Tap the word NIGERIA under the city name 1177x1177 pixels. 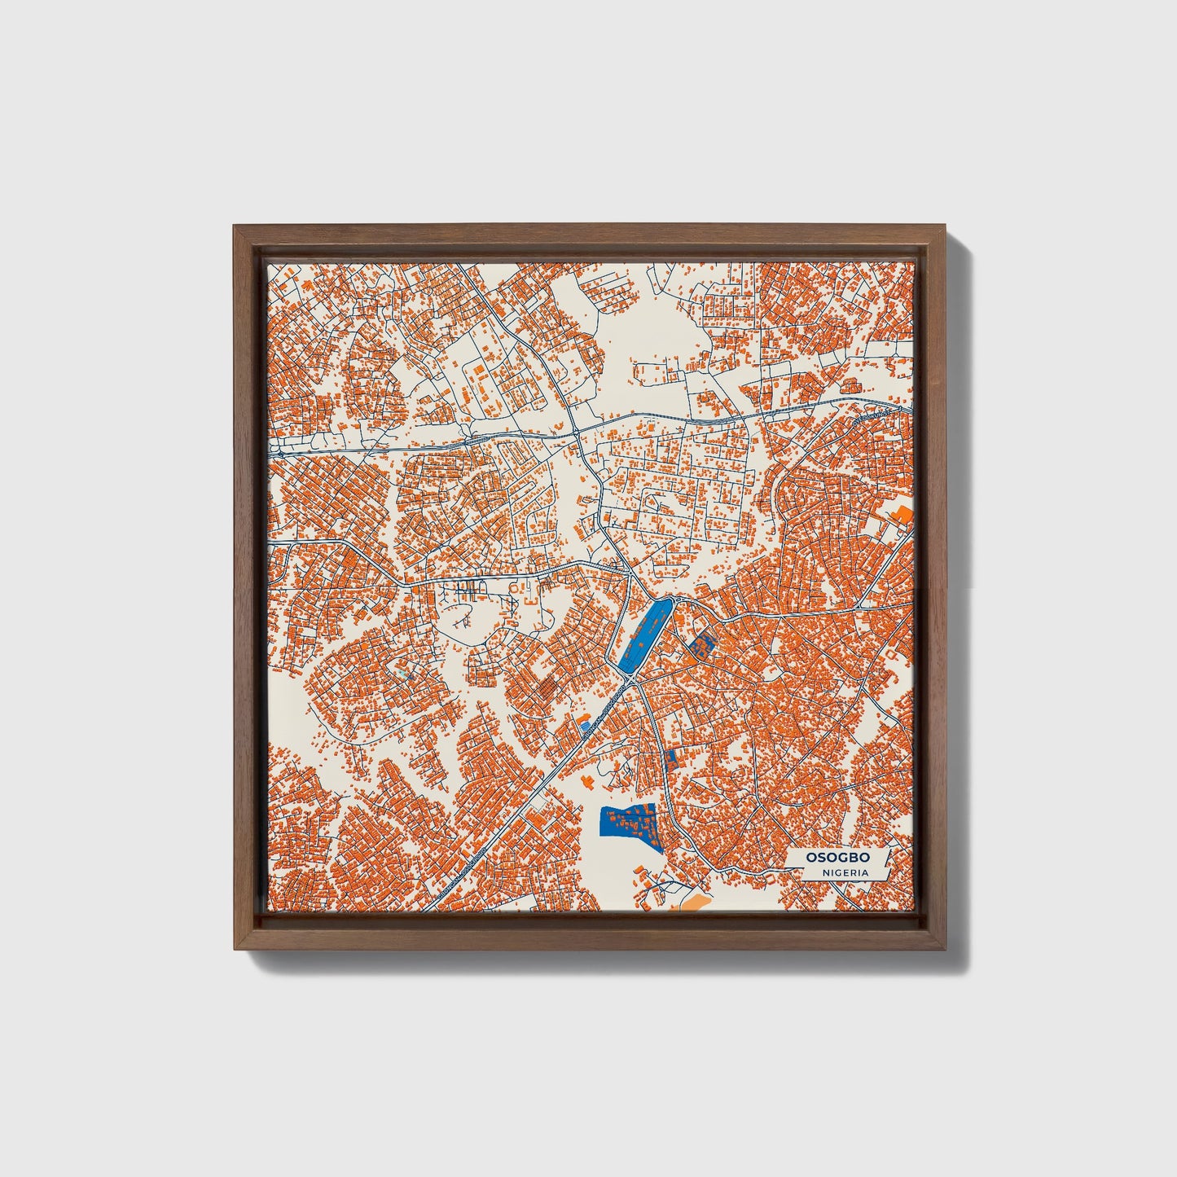point(845,873)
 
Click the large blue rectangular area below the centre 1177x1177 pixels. point(627,828)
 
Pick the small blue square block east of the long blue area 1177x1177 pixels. point(700,647)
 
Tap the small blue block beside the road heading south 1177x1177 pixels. point(672,760)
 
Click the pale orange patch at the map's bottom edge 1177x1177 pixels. point(689,902)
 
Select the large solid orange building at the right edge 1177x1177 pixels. point(901,515)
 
